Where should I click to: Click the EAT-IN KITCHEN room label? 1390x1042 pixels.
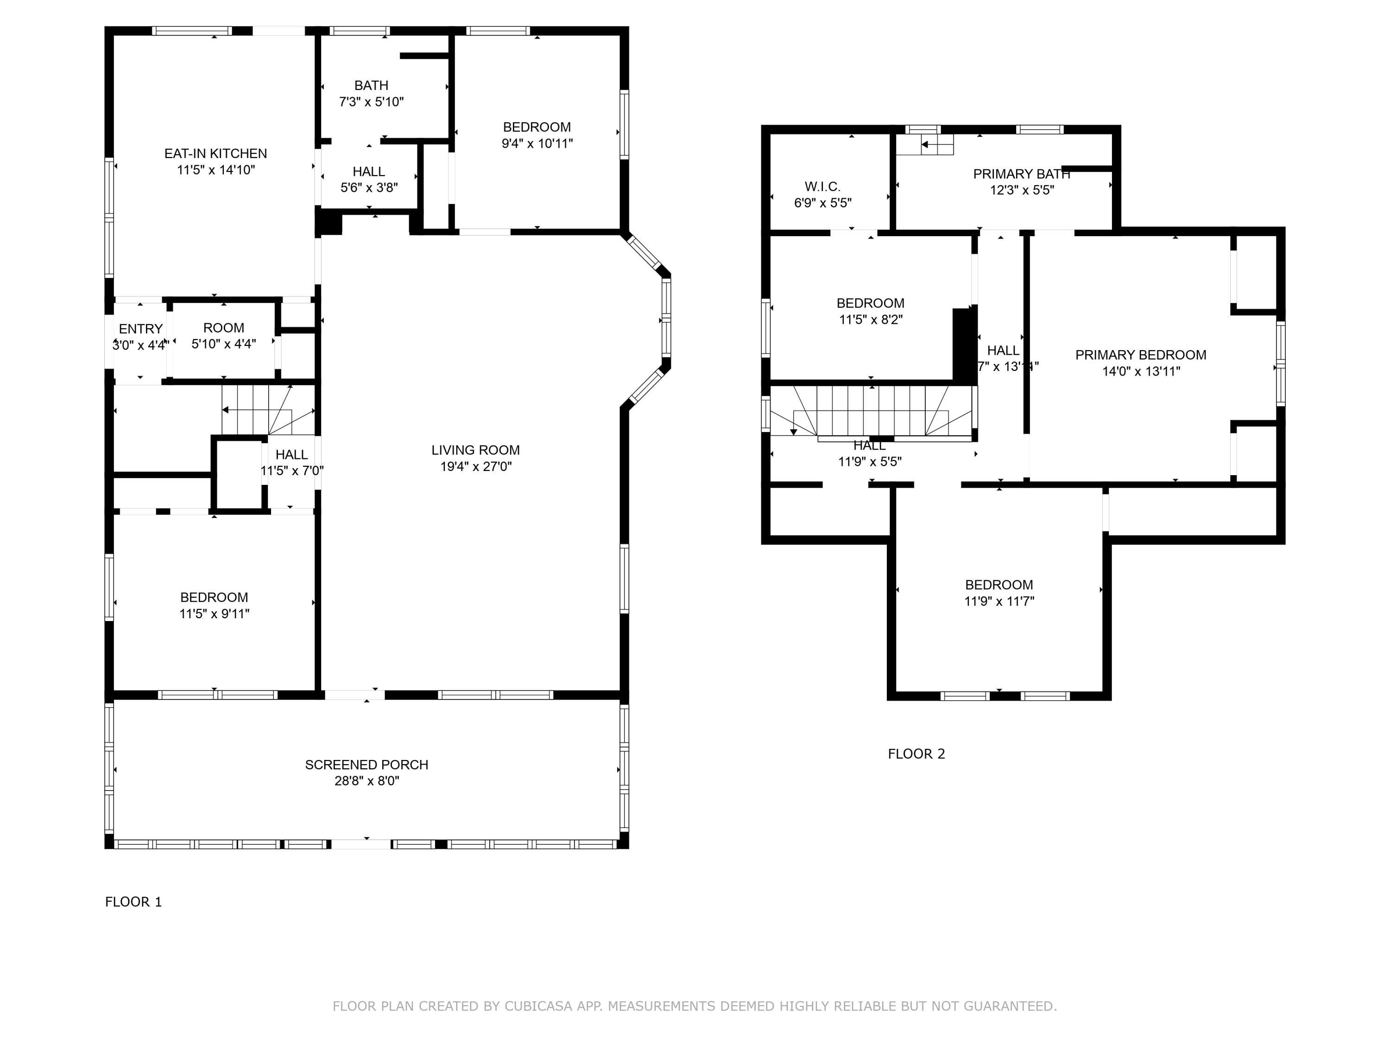click(215, 153)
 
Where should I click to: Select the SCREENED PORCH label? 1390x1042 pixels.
click(366, 765)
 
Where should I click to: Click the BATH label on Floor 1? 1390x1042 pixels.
click(371, 85)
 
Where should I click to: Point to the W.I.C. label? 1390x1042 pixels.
click(822, 187)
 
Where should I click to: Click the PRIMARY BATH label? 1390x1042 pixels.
click(1021, 174)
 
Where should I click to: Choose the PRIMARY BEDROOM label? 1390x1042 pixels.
click(1141, 355)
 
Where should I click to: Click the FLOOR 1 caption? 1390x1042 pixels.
click(133, 902)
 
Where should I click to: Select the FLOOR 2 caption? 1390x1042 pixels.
click(916, 753)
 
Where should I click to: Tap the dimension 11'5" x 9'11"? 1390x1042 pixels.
click(214, 614)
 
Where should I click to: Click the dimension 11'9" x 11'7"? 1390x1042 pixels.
click(999, 601)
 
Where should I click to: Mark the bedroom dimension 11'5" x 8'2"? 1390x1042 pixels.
click(870, 320)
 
